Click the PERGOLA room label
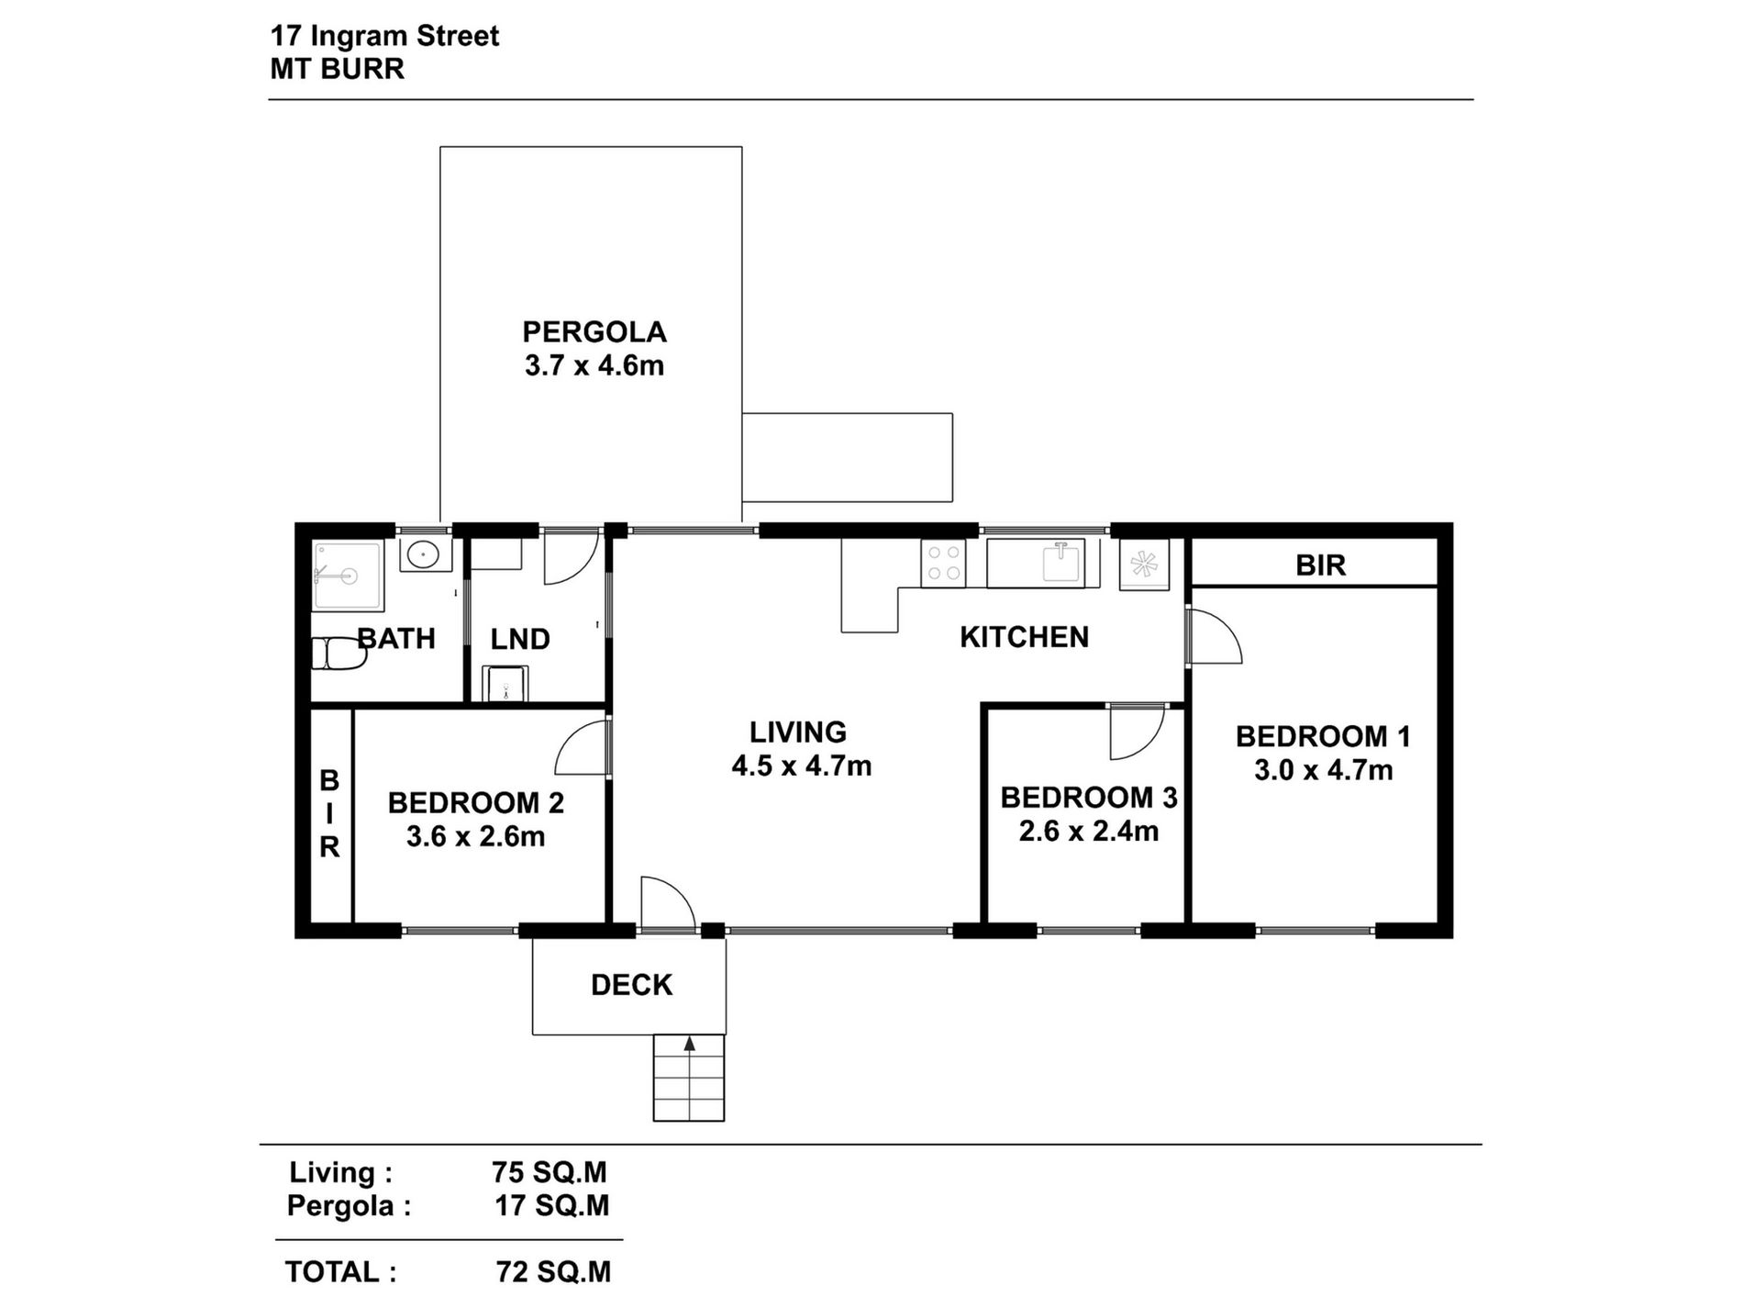(x=594, y=331)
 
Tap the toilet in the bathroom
(x=328, y=654)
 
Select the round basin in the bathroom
(x=423, y=553)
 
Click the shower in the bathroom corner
(x=347, y=576)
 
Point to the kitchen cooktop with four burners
(x=943, y=563)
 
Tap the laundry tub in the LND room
(x=505, y=684)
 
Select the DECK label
(x=631, y=985)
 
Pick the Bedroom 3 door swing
(x=1134, y=732)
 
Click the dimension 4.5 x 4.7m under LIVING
(x=801, y=766)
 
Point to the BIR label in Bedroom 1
(x=1320, y=565)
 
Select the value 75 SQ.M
(x=549, y=1172)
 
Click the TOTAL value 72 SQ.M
(x=552, y=1271)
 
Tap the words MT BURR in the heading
(x=337, y=69)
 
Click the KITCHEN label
(x=1024, y=637)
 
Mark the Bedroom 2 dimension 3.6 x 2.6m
(x=475, y=837)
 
